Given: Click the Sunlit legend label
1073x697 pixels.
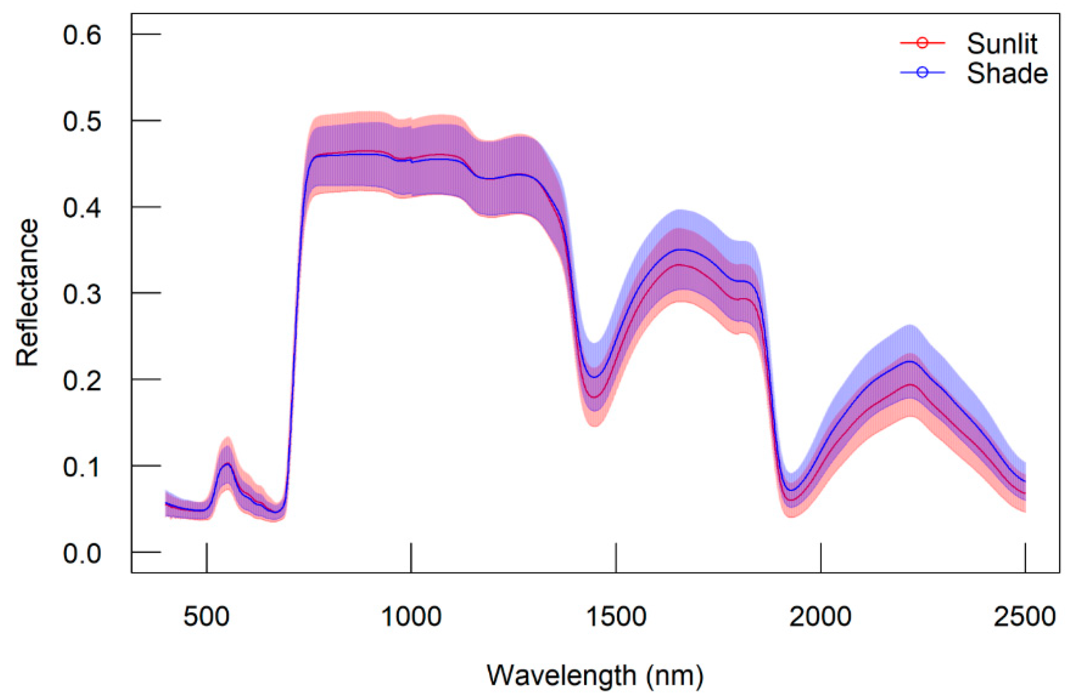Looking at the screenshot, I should point(1002,44).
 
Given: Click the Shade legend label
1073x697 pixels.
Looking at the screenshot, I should point(1007,73).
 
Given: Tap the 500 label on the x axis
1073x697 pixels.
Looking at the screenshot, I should point(206,616).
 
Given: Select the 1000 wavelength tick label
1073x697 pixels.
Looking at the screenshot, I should point(411,616).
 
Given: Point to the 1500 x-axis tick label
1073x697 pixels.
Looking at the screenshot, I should point(616,616).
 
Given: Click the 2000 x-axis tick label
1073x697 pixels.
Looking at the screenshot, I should point(820,616).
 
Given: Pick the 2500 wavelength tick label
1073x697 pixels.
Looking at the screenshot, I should point(1025,616).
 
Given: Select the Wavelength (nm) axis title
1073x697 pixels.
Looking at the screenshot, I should point(595,675).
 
